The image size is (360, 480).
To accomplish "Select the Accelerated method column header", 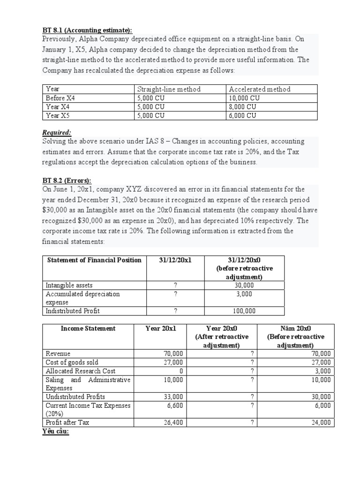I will click(x=260, y=89).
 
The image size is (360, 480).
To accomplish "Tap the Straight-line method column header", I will click(x=169, y=89).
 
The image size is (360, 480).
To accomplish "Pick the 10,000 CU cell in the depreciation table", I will click(x=245, y=98).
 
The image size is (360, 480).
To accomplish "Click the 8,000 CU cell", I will click(x=243, y=107).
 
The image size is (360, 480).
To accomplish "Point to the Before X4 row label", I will click(x=60, y=98).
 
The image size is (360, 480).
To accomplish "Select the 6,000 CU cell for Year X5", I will click(x=243, y=116).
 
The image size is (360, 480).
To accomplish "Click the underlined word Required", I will click(x=57, y=133).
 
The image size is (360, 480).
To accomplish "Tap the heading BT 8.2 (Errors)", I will click(x=67, y=181).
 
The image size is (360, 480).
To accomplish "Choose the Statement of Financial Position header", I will click(x=94, y=260).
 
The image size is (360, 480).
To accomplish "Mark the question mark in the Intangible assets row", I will click(x=175, y=285).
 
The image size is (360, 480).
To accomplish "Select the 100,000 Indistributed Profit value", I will click(x=244, y=311).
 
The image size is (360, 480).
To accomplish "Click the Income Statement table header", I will click(x=88, y=329).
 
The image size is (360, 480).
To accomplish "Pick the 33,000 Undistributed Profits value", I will click(x=173, y=397).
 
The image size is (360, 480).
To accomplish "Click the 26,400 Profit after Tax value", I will click(x=173, y=422).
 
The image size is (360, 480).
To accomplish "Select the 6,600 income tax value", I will click(x=175, y=405).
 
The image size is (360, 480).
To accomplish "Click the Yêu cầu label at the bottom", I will click(x=56, y=431).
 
